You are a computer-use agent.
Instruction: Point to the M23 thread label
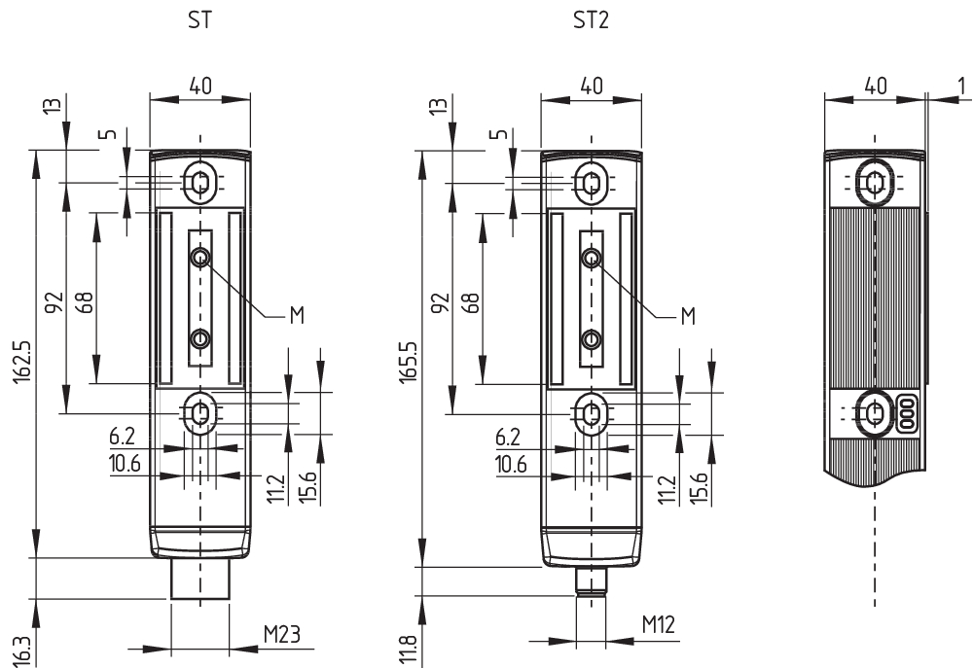[x=281, y=636]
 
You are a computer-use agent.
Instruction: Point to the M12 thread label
[x=659, y=624]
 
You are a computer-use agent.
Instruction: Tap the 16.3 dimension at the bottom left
[x=22, y=649]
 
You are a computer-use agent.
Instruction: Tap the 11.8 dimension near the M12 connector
[x=410, y=650]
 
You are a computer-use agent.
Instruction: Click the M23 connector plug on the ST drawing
[x=199, y=580]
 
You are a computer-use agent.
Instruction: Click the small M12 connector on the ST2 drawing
[x=591, y=580]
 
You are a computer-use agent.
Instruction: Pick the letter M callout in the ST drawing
[x=297, y=314]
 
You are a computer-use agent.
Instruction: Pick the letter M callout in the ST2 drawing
[x=687, y=314]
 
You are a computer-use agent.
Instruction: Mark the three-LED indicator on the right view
[x=908, y=413]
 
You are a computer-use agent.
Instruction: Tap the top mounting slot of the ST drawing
[x=199, y=182]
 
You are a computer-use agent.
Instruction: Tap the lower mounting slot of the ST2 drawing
[x=591, y=413]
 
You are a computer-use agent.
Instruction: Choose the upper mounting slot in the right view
[x=875, y=182]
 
